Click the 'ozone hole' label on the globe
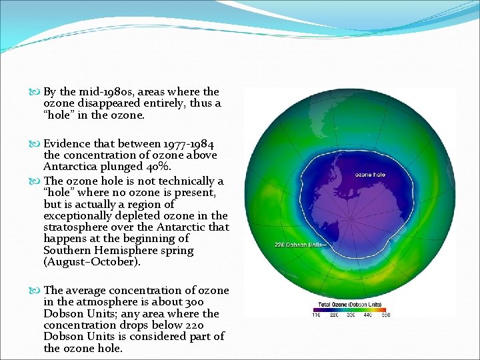(x=369, y=175)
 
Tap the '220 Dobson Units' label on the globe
(x=300, y=245)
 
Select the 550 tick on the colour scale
(x=385, y=315)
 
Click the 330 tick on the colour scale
(x=351, y=315)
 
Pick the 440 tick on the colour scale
(x=368, y=315)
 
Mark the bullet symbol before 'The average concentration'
(x=35, y=291)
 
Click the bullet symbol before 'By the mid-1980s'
(x=35, y=92)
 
